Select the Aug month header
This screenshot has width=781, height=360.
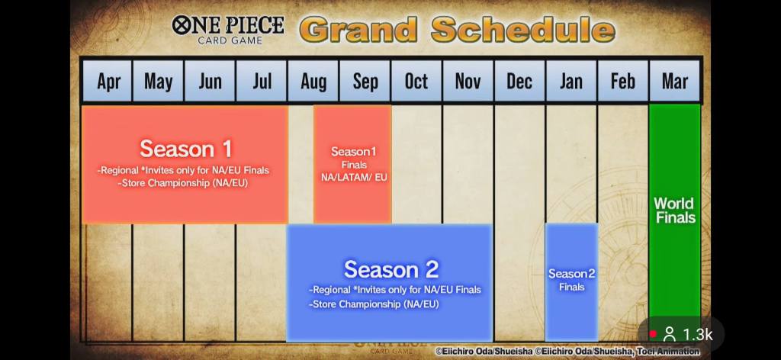313,81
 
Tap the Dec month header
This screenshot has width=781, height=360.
519,81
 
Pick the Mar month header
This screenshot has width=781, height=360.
675,81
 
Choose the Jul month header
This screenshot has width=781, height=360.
262,81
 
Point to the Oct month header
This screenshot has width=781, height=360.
416,81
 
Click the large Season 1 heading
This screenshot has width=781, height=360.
186,149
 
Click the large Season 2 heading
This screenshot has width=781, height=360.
391,269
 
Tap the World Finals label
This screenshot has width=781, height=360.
674,210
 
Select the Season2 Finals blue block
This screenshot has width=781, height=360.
571,282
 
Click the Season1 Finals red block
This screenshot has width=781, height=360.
352,164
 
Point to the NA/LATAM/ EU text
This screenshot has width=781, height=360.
354,177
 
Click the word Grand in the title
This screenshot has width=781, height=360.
358,30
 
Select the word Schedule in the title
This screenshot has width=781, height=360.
523,30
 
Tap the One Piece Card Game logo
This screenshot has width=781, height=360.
228,30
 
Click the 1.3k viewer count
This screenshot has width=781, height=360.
697,335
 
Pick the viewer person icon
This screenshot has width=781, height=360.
670,334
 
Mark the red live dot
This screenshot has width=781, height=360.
653,334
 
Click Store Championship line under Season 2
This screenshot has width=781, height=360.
374,304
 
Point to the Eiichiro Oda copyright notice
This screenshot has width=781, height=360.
567,352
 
